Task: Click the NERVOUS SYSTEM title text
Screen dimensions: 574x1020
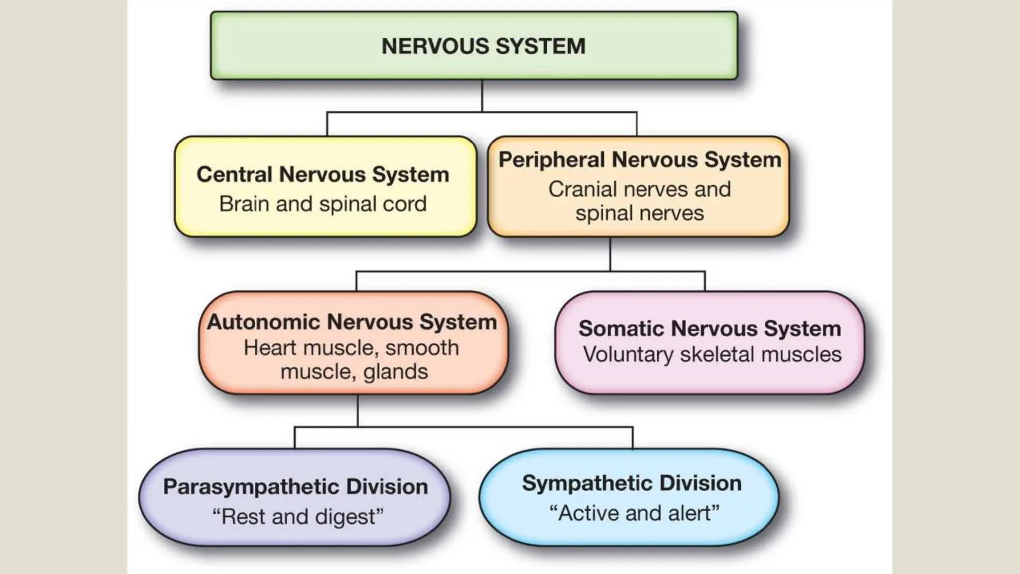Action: click(x=483, y=46)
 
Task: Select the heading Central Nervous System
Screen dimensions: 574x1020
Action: click(x=323, y=174)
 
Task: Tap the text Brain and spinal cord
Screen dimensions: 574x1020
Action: click(x=323, y=204)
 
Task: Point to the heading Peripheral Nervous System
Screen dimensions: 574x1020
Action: click(x=639, y=160)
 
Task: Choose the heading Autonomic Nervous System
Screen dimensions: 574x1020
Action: click(x=352, y=322)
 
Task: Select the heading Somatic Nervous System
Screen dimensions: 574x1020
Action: click(x=709, y=328)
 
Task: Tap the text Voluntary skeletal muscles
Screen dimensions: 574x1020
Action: click(x=712, y=355)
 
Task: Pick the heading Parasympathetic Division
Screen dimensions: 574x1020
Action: click(x=295, y=487)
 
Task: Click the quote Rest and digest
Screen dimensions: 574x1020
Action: click(x=298, y=517)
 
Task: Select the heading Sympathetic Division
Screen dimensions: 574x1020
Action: click(x=632, y=483)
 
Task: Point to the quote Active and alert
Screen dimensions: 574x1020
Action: click(x=634, y=513)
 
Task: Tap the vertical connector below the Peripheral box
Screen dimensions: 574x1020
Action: click(x=610, y=254)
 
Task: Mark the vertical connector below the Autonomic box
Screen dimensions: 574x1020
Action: click(x=358, y=411)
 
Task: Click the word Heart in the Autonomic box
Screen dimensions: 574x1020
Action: click(x=269, y=348)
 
